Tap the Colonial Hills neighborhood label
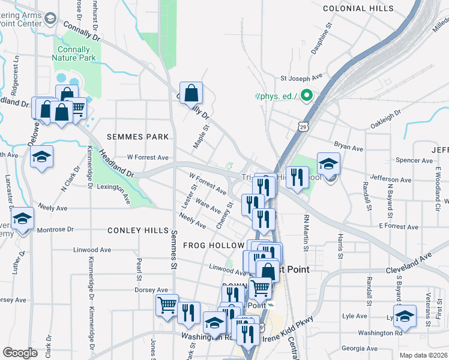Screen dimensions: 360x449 pos(358,8)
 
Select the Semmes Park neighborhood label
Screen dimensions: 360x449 pos(138,137)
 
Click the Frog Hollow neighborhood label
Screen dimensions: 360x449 pos(213,245)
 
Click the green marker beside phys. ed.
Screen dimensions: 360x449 pos(306,95)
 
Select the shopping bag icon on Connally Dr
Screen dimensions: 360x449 pos(191,94)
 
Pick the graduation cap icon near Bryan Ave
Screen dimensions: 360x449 pos(328,164)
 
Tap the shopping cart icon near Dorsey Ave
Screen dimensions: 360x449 pos(167,305)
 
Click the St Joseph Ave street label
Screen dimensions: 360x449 pos(302,77)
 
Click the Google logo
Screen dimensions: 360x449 pos(20,353)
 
